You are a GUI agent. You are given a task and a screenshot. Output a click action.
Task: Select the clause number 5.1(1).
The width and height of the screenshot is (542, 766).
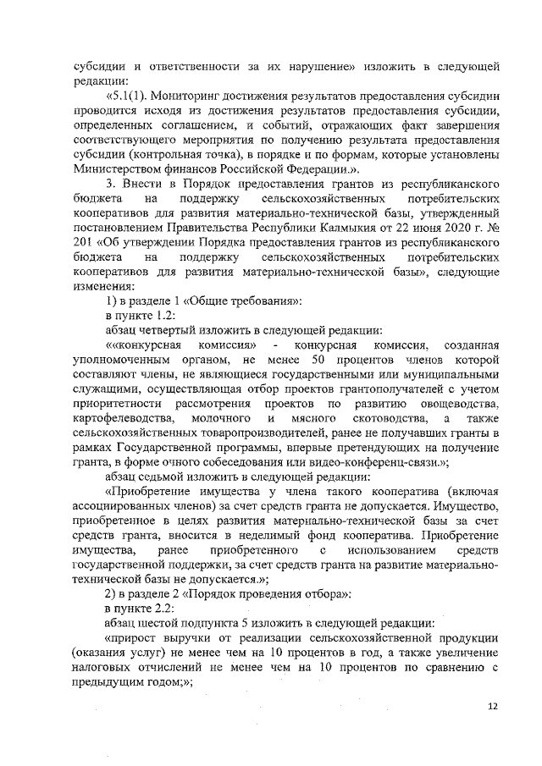(x=125, y=96)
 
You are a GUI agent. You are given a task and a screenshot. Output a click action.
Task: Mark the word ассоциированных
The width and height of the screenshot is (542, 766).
(x=124, y=505)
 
